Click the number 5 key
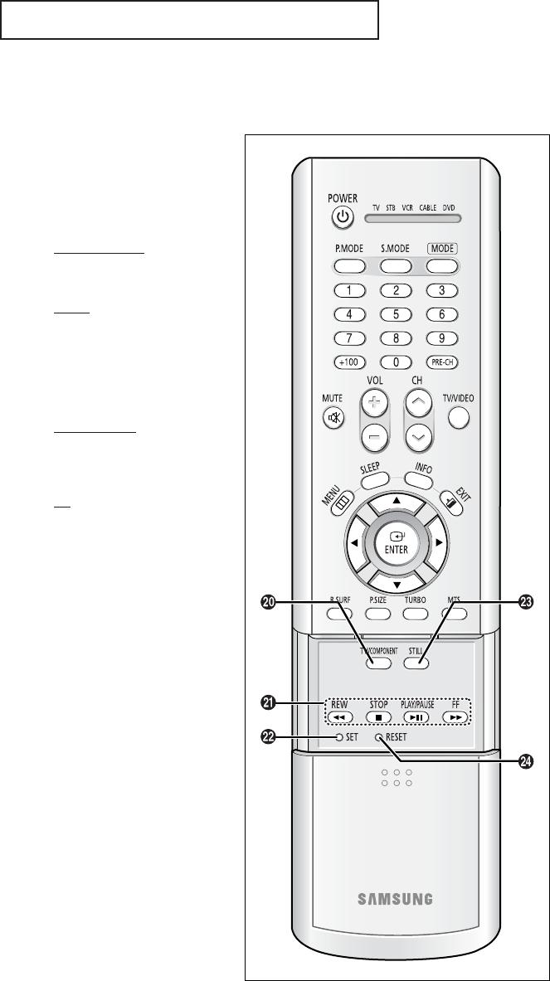point(397,314)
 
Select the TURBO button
point(415,614)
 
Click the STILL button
point(416,663)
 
